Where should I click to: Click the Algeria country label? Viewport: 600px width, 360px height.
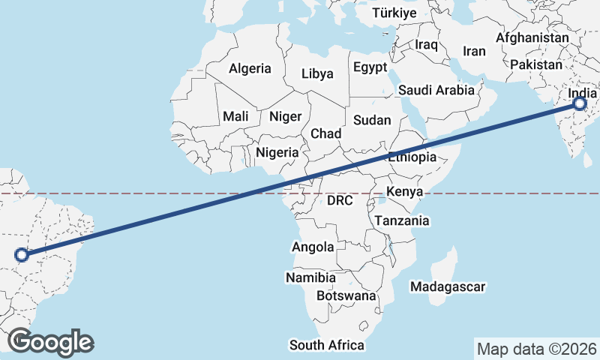(x=250, y=68)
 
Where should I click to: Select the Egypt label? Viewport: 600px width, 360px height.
(x=370, y=66)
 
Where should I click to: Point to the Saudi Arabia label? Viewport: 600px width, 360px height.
(x=436, y=90)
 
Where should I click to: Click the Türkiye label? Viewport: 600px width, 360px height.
(x=394, y=13)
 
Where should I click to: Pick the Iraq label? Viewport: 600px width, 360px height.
(x=426, y=45)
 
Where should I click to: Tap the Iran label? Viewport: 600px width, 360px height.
(x=474, y=51)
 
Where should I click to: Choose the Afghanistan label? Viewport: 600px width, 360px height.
(x=532, y=37)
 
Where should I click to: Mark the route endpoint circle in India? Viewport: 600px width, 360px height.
(x=580, y=104)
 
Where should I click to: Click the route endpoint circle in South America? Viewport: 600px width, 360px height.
(x=22, y=254)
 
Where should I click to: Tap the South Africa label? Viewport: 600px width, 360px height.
(x=327, y=345)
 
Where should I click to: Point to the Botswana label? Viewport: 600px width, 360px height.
(x=346, y=295)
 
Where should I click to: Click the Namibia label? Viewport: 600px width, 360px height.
(x=310, y=277)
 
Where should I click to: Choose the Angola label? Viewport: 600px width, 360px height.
(x=313, y=247)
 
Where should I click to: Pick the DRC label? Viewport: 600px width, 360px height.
(x=340, y=200)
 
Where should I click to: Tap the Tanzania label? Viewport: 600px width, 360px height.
(x=401, y=220)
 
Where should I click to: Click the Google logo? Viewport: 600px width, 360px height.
(x=50, y=342)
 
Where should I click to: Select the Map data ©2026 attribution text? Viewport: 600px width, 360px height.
(x=536, y=349)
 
